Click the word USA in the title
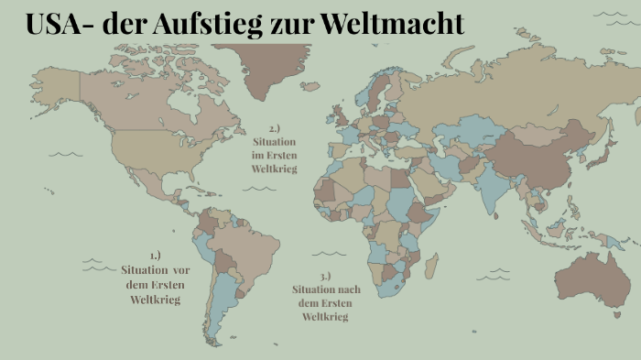tap(57, 24)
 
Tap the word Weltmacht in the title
tap(393, 24)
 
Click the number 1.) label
tap(155, 256)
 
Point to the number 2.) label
tap(275, 127)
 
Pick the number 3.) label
tap(325, 276)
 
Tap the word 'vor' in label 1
tap(181, 270)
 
